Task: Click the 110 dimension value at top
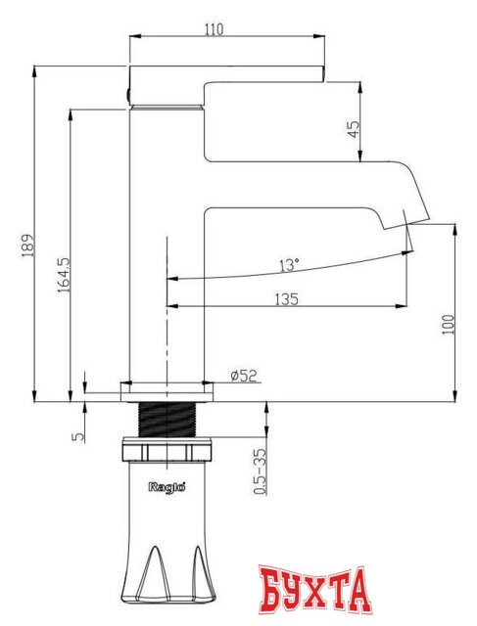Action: click(x=215, y=29)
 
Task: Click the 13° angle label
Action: click(x=289, y=265)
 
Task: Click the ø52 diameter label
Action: click(x=243, y=376)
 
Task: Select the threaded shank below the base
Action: click(x=167, y=420)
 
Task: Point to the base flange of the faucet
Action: click(x=167, y=390)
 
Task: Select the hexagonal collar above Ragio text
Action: click(x=167, y=452)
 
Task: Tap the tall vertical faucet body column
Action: click(x=167, y=245)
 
